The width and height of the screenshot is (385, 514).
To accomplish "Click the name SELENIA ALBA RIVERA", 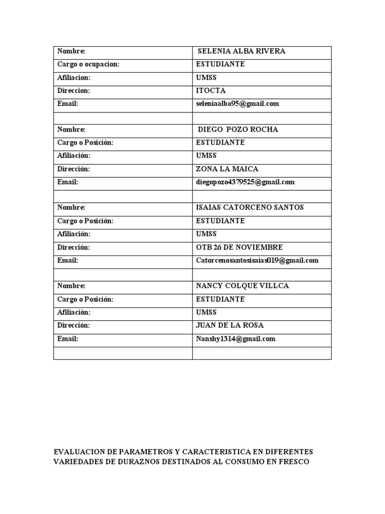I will tap(242, 51).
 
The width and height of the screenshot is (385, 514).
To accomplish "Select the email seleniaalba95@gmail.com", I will tap(238, 104).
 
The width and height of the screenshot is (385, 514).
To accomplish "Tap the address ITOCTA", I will tap(211, 91).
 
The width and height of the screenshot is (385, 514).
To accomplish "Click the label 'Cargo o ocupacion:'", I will tap(88, 64).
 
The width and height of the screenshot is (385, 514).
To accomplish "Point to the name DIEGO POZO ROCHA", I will tap(238, 130).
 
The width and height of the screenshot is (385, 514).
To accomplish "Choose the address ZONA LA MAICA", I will tap(227, 169).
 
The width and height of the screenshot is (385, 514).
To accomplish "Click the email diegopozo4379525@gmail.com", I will tap(245, 182).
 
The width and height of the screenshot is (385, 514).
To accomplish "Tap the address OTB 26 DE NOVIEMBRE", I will tap(239, 247).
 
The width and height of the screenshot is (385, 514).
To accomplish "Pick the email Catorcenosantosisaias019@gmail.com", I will tap(257, 261).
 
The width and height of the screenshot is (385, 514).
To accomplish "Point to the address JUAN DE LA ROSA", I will tap(230, 325).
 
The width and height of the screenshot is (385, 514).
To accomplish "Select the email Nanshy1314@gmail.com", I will tap(236, 339).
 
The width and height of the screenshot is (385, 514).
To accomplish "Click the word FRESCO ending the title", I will tap(293, 462).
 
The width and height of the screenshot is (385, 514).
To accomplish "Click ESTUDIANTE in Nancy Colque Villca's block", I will tap(220, 299).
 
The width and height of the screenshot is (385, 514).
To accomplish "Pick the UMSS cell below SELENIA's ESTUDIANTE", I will tap(206, 78).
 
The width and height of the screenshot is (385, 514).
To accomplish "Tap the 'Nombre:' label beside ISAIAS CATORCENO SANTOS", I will tap(71, 207).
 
